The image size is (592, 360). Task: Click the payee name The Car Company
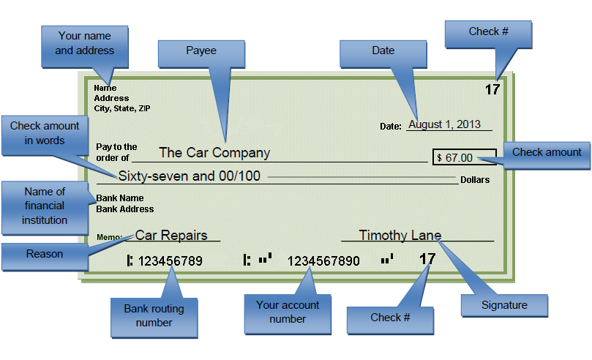coord(214,153)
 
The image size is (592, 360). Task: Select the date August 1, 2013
coord(444,124)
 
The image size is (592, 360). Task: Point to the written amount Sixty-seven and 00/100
coord(189,176)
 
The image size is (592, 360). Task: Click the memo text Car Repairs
coord(171,236)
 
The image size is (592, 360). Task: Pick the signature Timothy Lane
coord(400,236)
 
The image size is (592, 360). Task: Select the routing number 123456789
coord(170,260)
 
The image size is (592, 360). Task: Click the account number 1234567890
coord(323,260)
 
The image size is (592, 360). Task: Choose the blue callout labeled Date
coord(383,51)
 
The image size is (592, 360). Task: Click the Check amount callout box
coord(547,153)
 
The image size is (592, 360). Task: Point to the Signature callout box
coord(504,305)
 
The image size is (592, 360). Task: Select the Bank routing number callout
coord(154,315)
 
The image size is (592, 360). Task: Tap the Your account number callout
coord(288,312)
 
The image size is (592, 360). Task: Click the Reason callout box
coord(45,255)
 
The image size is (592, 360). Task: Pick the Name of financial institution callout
coord(45,206)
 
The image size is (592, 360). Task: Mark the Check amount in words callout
coord(45,133)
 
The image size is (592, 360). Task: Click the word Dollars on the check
coord(475,180)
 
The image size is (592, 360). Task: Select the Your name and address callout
coord(85,43)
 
